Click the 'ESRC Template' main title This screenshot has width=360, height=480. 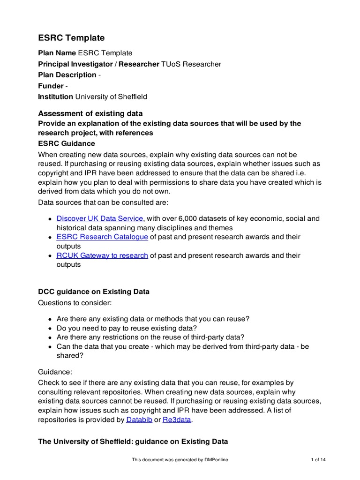[71, 38]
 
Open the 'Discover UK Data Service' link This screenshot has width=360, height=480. [99, 218]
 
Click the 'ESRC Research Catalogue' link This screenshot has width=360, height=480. [102, 237]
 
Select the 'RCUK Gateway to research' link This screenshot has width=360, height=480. [102, 255]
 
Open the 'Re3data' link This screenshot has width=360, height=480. [177, 420]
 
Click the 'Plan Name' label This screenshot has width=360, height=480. [57, 53]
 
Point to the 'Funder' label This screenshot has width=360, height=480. [51, 86]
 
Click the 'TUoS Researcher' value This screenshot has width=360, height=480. [191, 64]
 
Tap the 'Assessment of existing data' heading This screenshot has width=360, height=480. [90, 113]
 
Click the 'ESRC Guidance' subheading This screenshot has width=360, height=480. [67, 143]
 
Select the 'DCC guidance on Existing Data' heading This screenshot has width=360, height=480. [94, 292]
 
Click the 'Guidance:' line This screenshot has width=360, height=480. [55, 372]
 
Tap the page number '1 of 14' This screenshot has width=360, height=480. [318, 460]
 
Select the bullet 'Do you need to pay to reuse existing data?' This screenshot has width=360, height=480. [127, 328]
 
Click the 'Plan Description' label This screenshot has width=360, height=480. [67, 75]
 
